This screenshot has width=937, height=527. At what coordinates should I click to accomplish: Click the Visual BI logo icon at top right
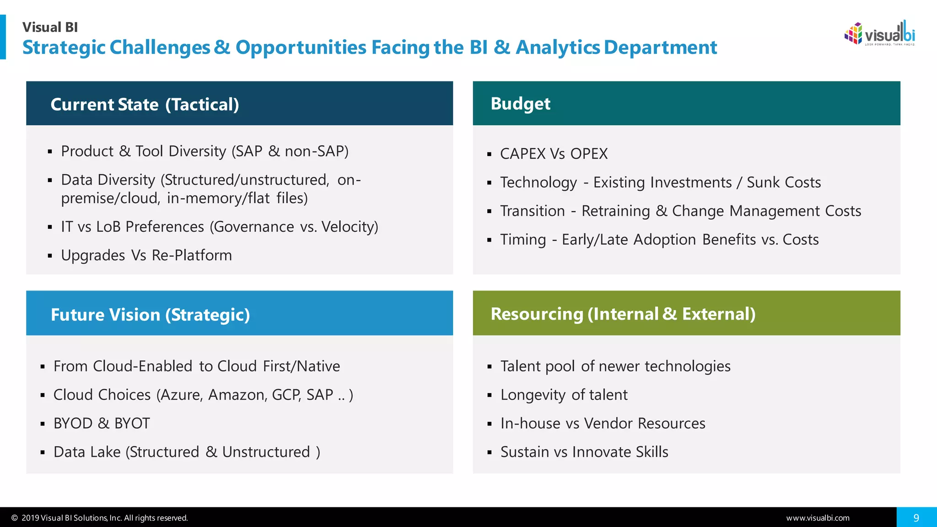coord(853,34)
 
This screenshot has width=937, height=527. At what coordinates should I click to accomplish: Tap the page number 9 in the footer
coord(916,518)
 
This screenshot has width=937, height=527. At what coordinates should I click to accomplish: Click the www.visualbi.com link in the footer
coord(818,518)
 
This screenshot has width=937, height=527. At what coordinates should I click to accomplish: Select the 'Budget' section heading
coord(520,104)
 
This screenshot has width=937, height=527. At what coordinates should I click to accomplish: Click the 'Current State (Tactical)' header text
coord(145,105)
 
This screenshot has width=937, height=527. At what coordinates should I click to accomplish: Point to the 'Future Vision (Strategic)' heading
coord(150,315)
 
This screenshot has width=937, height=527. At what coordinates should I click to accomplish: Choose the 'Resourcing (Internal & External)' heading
coord(623,314)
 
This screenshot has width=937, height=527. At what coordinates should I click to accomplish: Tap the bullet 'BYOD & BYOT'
coord(102,423)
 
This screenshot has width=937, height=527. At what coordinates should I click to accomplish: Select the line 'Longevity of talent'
coord(564,395)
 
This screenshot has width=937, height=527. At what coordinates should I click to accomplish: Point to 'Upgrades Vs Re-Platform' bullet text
coord(146,255)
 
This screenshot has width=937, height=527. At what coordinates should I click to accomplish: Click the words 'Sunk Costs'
coord(784,183)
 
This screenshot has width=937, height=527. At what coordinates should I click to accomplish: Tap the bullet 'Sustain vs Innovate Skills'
coord(584,452)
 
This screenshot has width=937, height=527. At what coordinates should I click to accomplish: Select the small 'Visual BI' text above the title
coord(50,27)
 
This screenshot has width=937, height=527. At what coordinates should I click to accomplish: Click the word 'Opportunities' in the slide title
coord(300,48)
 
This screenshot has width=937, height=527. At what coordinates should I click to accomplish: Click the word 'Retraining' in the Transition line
coord(615,211)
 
